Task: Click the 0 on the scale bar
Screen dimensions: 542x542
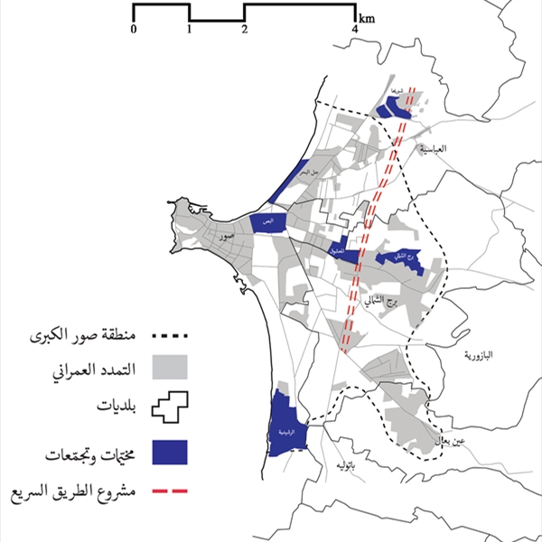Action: [134, 29]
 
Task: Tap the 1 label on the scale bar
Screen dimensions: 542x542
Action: [189, 29]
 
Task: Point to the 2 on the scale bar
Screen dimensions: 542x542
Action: [245, 29]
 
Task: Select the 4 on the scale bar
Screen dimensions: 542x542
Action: [356, 29]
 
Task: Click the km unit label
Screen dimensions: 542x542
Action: [368, 18]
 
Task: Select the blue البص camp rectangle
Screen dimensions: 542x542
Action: [268, 222]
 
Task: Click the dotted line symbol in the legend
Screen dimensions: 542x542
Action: [170, 336]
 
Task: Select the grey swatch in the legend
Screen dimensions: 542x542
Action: [170, 369]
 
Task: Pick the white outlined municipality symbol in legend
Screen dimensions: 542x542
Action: [170, 407]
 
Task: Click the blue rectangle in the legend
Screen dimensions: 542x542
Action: [170, 453]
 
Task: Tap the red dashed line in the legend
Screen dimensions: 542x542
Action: [170, 493]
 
